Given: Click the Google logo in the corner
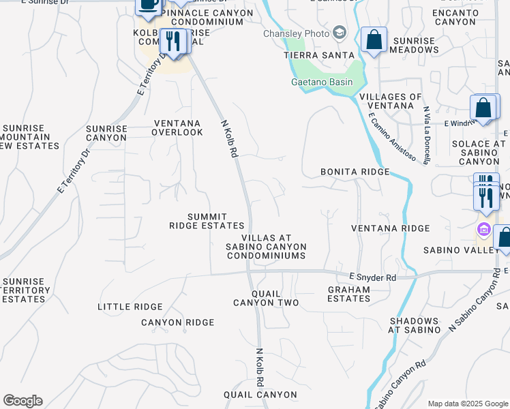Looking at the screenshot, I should click(22, 401).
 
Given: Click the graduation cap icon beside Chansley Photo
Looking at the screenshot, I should click(340, 33).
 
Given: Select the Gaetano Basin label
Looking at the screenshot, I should click(322, 82).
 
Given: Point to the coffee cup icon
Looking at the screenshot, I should click(149, 5).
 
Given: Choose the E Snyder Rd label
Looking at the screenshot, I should click(372, 277).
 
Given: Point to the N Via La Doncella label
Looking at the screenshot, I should click(426, 135).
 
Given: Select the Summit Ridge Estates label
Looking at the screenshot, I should click(207, 220).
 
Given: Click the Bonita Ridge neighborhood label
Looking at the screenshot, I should click(355, 172).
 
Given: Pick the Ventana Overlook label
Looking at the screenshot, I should click(178, 127).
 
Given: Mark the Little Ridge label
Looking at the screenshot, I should click(123, 307).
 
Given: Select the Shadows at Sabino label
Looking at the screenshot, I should click(414, 325).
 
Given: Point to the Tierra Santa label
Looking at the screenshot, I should click(320, 55).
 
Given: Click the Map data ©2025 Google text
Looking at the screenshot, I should click(467, 404).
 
